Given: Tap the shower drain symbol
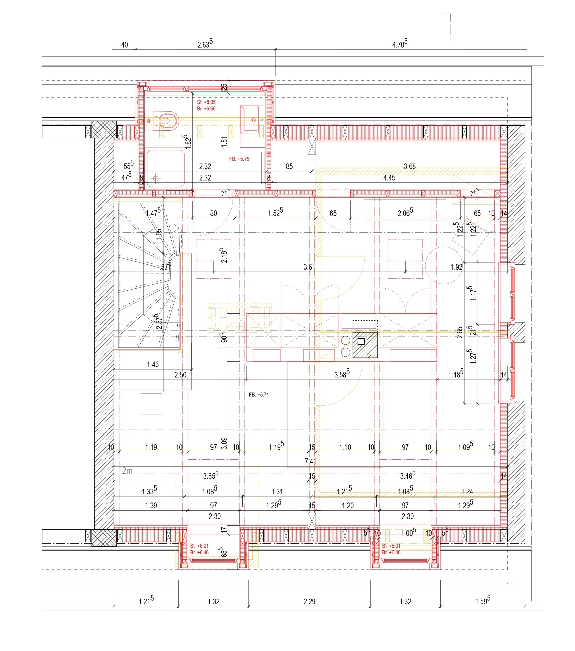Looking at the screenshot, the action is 155,179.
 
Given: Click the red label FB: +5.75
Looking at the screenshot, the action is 239,159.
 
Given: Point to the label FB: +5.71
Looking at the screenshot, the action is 259,395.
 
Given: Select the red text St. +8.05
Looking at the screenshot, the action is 206,102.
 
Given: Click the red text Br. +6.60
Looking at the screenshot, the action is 206,109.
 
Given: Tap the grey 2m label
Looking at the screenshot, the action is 127,471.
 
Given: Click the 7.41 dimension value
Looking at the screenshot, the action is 310,461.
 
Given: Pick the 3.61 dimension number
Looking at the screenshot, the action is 309,267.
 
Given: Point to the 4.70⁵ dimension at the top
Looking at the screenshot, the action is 400,44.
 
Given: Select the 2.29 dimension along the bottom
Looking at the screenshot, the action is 309,602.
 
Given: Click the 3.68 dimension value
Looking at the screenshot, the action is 410,166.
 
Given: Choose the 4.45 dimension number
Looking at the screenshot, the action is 389,178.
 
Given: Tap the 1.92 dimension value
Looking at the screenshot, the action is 456,267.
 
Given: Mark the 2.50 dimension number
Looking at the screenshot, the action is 180,375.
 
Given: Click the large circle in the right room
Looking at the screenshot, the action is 444,265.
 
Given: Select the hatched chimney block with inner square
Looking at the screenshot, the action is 365,344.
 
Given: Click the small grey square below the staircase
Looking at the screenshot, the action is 152,404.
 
